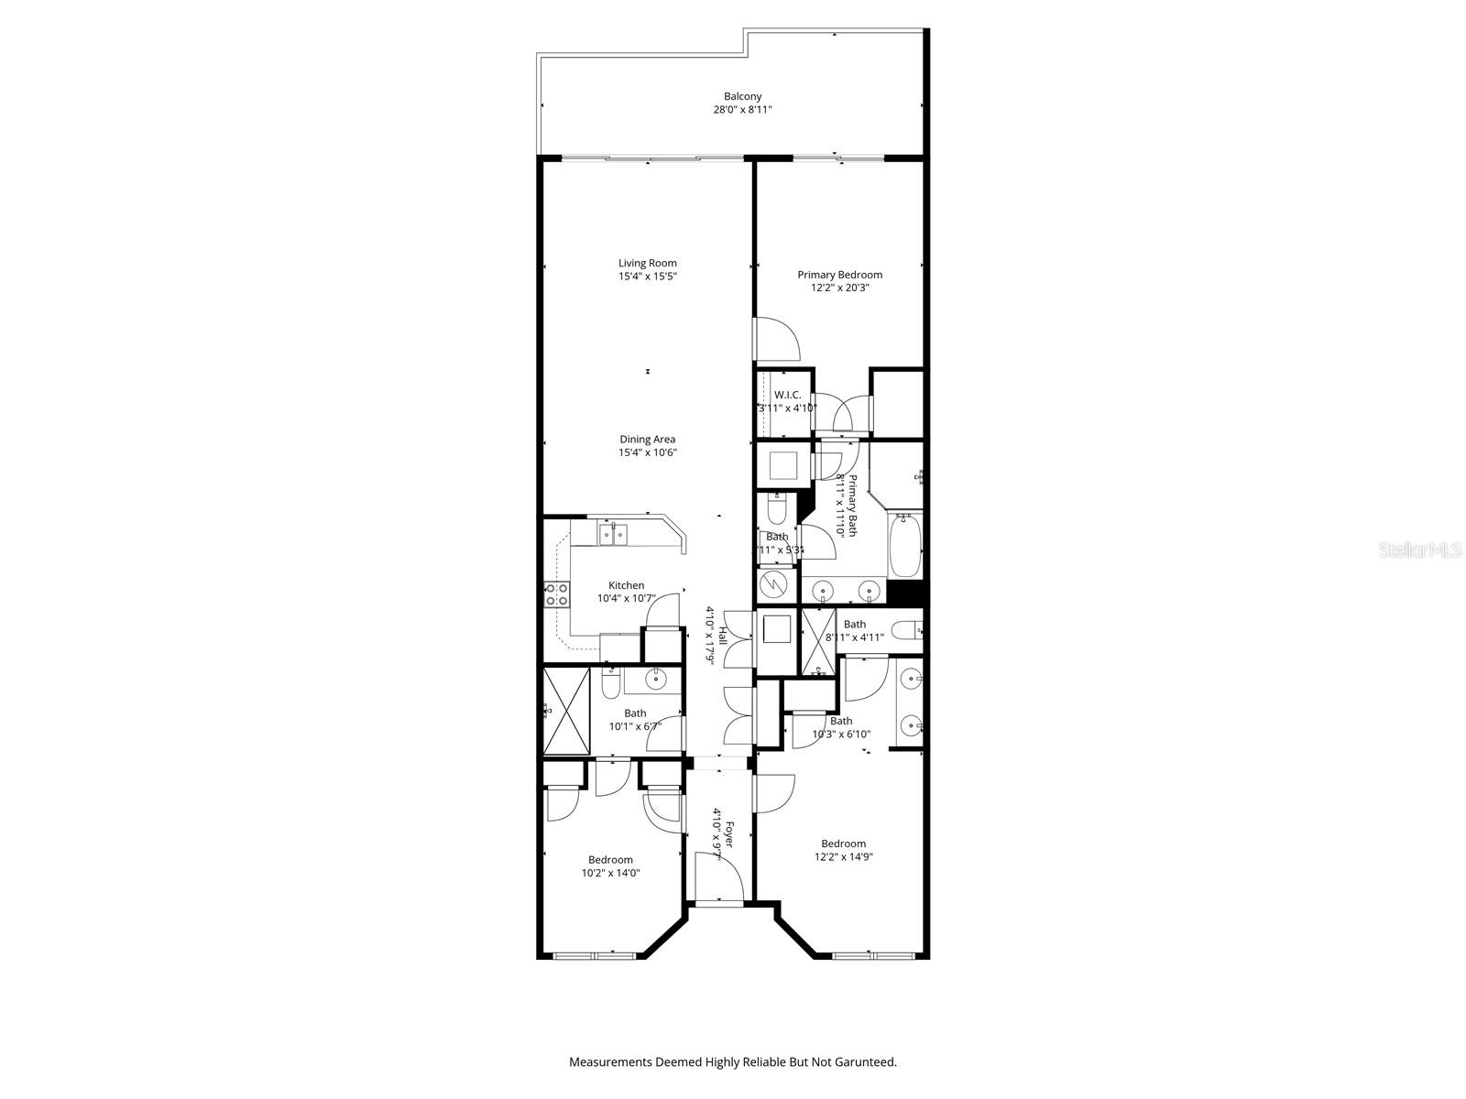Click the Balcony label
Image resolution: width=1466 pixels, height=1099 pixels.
pyautogui.click(x=742, y=96)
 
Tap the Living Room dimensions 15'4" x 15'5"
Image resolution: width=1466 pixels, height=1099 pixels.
pyautogui.click(x=647, y=276)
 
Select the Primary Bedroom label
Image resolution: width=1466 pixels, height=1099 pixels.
pyautogui.click(x=839, y=275)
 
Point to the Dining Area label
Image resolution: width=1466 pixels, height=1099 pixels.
pyautogui.click(x=647, y=440)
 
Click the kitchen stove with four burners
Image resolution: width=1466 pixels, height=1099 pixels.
pyautogui.click(x=556, y=595)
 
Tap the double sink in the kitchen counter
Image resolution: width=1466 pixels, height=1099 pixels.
pyautogui.click(x=612, y=532)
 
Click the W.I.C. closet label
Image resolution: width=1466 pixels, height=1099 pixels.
pyautogui.click(x=787, y=395)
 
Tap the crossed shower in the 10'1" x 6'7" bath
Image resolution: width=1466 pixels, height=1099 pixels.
pyautogui.click(x=566, y=712)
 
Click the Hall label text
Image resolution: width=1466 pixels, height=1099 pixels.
pyautogui.click(x=723, y=637)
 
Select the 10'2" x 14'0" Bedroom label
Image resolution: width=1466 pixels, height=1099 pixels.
pyautogui.click(x=610, y=860)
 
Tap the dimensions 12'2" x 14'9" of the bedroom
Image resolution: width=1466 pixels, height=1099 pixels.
pyautogui.click(x=843, y=857)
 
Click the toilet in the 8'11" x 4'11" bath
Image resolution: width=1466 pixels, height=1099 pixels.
pyautogui.click(x=906, y=630)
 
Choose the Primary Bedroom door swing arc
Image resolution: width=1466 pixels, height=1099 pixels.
pyautogui.click(x=781, y=341)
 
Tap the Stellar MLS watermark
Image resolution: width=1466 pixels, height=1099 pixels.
pyautogui.click(x=1425, y=550)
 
